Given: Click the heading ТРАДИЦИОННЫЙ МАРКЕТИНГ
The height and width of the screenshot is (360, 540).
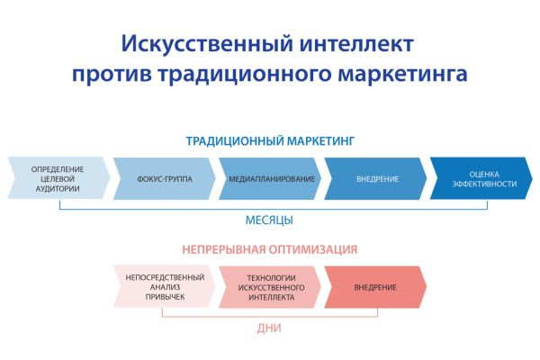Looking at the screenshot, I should click(x=271, y=141).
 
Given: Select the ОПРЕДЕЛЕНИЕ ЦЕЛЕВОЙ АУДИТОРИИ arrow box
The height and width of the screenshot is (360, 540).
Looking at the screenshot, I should click(x=56, y=178).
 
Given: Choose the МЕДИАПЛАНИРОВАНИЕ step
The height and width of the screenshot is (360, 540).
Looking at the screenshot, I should click(x=270, y=178).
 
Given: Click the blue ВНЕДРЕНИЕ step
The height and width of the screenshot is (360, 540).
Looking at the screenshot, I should click(x=376, y=178).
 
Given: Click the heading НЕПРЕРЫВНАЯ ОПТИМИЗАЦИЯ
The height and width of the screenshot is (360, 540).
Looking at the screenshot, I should click(x=270, y=249).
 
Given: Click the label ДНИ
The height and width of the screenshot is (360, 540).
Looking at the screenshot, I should click(x=269, y=328).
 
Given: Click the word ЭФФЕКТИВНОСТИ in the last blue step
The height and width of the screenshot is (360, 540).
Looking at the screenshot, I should click(x=487, y=184).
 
